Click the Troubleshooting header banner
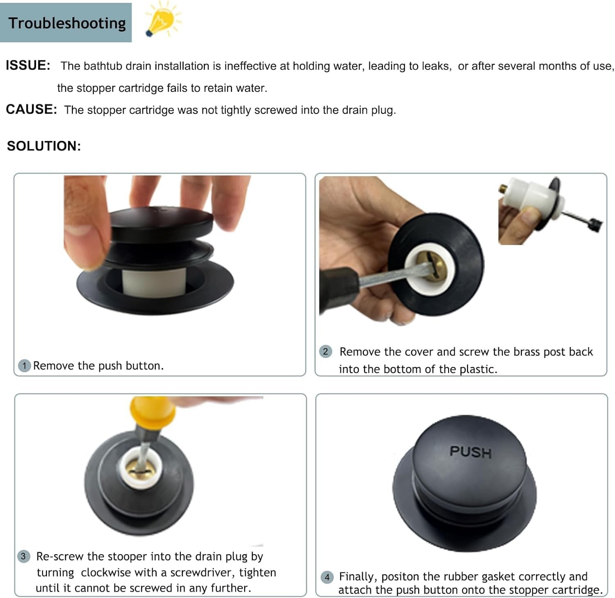pyautogui.click(x=66, y=23)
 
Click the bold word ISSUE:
pyautogui.click(x=28, y=66)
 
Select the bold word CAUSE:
pyautogui.click(x=31, y=109)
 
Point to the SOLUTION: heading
pyautogui.click(x=44, y=146)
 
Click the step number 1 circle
pyautogui.click(x=25, y=365)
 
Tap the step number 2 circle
pyautogui.click(x=326, y=351)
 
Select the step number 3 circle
pyautogui.click(x=23, y=556)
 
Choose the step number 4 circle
pyautogui.click(x=327, y=577)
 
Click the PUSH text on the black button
pyautogui.click(x=470, y=452)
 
